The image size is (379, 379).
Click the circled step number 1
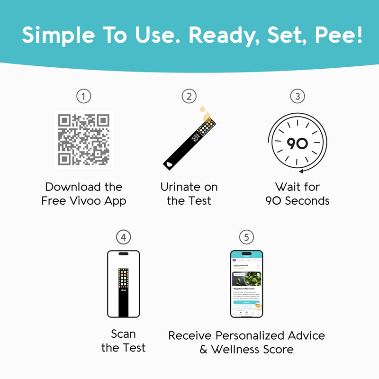pyautogui.click(x=84, y=97)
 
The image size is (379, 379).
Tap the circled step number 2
pyautogui.click(x=189, y=97)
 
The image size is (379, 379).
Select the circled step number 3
pyautogui.click(x=298, y=97)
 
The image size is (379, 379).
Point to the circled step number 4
pyautogui.click(x=123, y=236)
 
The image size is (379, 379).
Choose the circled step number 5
pyautogui.click(x=246, y=236)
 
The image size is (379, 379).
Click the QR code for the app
pyautogui.click(x=84, y=140)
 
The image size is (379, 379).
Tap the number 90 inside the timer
pyautogui.click(x=298, y=144)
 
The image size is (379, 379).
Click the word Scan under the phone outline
pyautogui.click(x=123, y=334)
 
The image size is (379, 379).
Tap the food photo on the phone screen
pyautogui.click(x=246, y=279)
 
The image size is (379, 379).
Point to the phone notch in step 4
pyautogui.click(x=123, y=254)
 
